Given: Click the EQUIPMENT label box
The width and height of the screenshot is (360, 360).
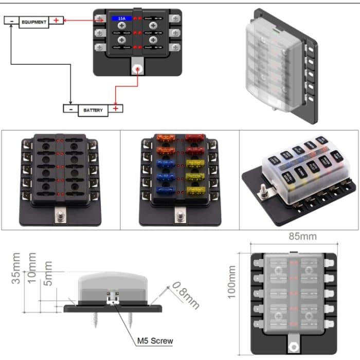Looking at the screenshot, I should point(34,22).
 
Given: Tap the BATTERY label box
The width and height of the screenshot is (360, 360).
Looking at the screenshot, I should point(93,110).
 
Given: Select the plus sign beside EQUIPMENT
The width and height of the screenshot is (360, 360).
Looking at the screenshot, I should point(57,21).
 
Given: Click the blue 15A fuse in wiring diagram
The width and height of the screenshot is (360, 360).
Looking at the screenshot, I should point(122,19).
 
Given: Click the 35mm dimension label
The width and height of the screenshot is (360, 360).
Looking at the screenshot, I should point(17,268).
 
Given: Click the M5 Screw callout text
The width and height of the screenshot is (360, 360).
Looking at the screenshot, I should point(155,340).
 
